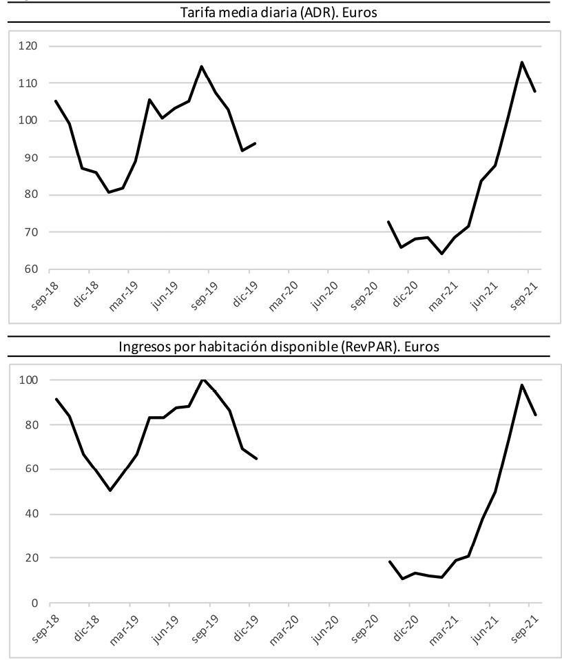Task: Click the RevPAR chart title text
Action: [x=280, y=347]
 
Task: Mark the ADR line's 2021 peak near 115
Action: [x=521, y=62]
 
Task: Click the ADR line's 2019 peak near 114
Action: [x=201, y=67]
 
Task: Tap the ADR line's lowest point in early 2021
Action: [x=441, y=254]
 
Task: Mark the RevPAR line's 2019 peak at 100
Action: [x=202, y=380]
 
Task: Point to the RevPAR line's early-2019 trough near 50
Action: [x=110, y=491]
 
